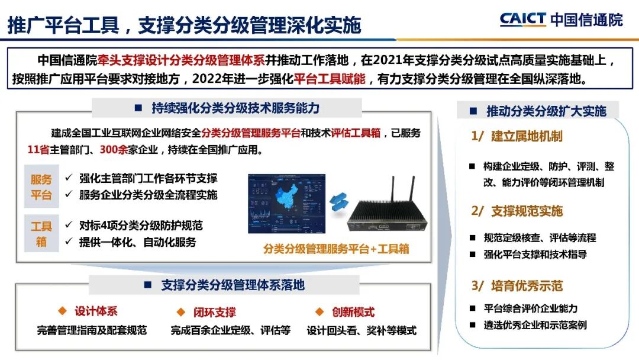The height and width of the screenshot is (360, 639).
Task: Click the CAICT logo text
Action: click(522, 19)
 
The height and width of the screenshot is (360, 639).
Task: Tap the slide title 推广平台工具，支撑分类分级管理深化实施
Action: click(184, 25)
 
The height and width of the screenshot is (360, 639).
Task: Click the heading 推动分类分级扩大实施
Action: click(546, 111)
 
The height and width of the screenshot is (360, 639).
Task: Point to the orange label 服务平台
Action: click(41, 187)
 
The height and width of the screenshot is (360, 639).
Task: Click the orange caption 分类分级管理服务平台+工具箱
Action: click(336, 250)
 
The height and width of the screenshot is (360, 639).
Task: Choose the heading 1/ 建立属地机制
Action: click(517, 136)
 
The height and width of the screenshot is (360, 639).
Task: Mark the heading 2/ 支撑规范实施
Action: click(517, 211)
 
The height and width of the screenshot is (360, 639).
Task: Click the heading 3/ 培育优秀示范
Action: click(517, 286)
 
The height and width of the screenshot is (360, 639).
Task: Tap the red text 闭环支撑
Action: click(214, 312)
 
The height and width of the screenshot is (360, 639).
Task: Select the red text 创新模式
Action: click(353, 312)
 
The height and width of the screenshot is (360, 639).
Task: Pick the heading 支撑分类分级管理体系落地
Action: click(233, 285)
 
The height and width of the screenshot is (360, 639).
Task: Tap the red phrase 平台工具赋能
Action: click(330, 79)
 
